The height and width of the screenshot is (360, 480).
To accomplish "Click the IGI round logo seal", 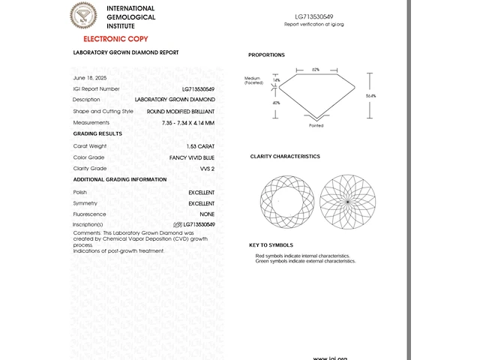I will click(84, 16).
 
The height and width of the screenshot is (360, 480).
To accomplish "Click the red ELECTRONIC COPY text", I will click(115, 39).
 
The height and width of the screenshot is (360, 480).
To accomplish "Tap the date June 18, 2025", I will click(89, 78).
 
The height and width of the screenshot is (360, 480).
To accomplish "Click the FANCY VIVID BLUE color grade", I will click(193, 157).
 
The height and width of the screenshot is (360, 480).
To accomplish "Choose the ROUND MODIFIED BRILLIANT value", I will click(181, 111).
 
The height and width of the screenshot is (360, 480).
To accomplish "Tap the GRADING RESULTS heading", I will click(97, 133).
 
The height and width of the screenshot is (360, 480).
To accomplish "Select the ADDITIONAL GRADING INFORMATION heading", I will click(119, 180).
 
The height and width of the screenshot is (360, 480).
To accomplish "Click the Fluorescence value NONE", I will click(207, 214).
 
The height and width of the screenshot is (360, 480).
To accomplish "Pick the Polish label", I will click(79, 193).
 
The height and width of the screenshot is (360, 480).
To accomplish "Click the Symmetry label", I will click(85, 203).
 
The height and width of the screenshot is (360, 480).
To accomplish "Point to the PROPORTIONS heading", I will click(266, 55).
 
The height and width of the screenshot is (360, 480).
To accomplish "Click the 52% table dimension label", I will click(316, 70).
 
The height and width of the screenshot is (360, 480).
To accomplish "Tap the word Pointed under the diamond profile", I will click(316, 126).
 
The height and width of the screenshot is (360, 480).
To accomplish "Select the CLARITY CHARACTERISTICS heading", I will click(285, 157).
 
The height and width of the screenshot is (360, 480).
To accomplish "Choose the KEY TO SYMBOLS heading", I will click(271, 245).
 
